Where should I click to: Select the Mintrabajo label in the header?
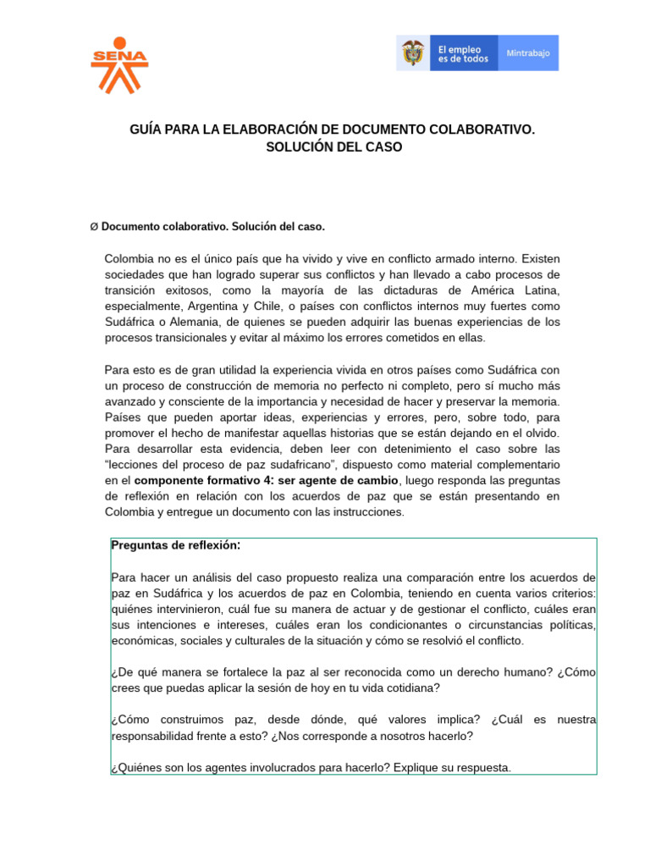(x=528, y=53)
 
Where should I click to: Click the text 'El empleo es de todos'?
(x=463, y=53)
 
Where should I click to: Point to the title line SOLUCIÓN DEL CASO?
(x=333, y=147)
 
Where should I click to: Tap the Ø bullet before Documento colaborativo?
(x=94, y=227)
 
